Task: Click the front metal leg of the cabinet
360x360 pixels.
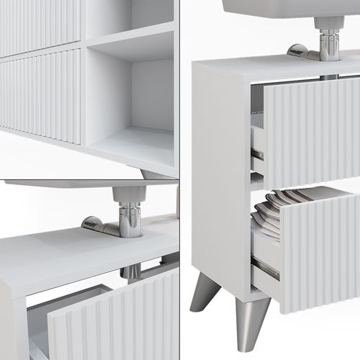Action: coord(252,320)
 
